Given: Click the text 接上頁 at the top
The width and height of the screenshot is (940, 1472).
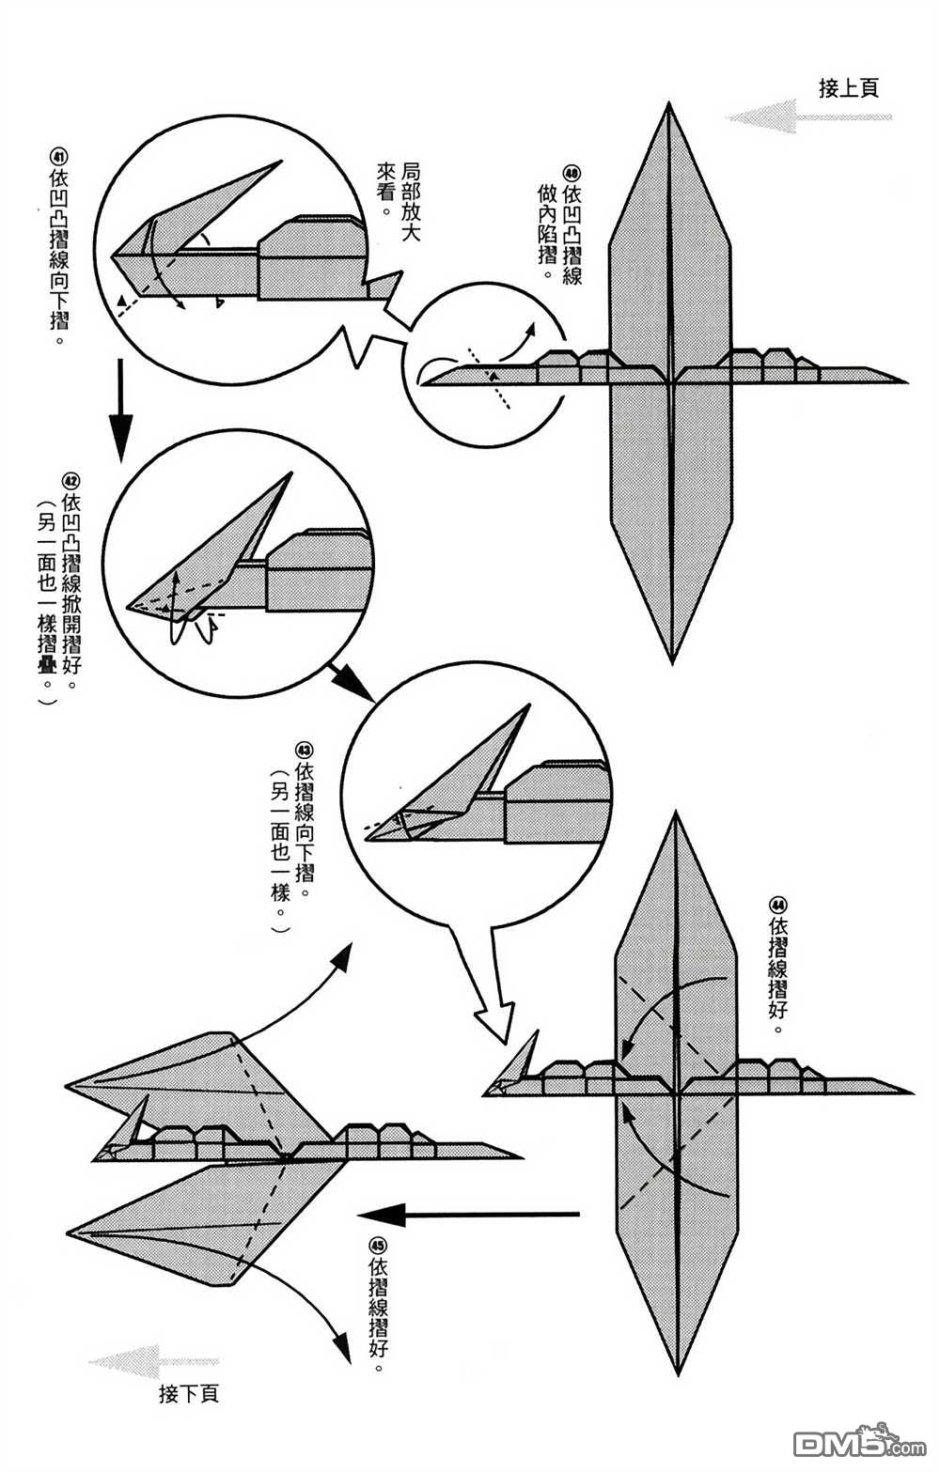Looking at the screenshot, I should pos(848,88).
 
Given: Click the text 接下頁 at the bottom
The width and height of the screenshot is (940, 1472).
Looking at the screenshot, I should pos(189,1393).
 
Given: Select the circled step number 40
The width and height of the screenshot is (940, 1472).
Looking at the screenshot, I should pos(572,173).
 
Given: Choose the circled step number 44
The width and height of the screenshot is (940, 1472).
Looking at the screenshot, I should pos(776,905).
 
